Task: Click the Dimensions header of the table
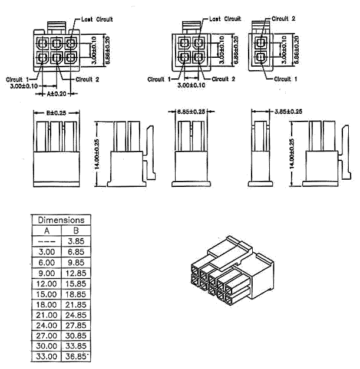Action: tap(61, 220)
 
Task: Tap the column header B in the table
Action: tap(75, 230)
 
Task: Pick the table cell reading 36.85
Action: tap(75, 356)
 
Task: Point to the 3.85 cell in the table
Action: tap(75, 241)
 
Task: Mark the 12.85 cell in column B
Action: tap(75, 272)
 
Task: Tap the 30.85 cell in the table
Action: tap(75, 335)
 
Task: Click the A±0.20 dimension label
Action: tap(57, 93)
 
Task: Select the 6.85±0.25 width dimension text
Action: tap(191, 111)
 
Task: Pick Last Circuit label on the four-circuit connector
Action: tap(225, 19)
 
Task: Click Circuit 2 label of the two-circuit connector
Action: tap(283, 18)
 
